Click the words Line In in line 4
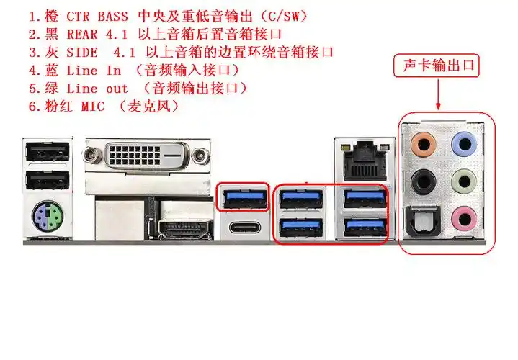click(x=94, y=71)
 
